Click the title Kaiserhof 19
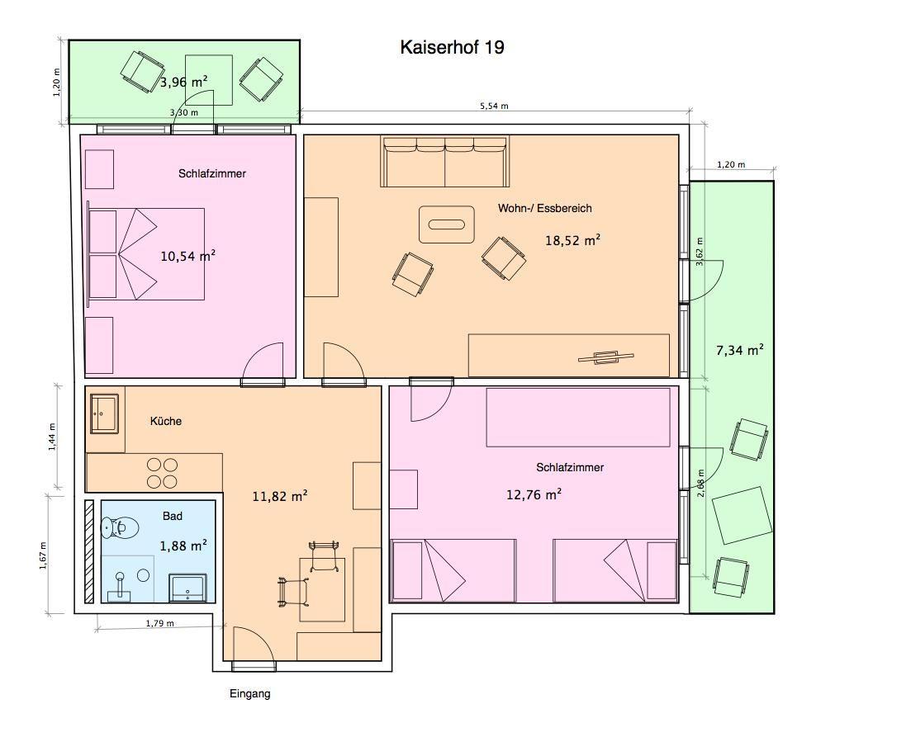click(452, 47)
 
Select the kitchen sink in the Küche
click(105, 413)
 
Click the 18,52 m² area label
click(572, 240)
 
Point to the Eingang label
click(249, 693)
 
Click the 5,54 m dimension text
click(494, 106)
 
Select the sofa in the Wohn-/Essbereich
click(445, 162)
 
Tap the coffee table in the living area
click(447, 224)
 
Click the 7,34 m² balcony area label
click(739, 350)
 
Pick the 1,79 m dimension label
click(159, 623)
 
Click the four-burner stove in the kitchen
click(162, 473)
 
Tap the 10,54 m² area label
click(187, 256)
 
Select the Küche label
click(165, 421)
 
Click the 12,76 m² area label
click(534, 494)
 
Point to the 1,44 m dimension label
click(52, 437)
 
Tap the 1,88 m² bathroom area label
click(183, 546)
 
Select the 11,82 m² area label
click(279, 496)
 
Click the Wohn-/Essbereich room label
click(545, 208)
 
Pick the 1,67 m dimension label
click(43, 555)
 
